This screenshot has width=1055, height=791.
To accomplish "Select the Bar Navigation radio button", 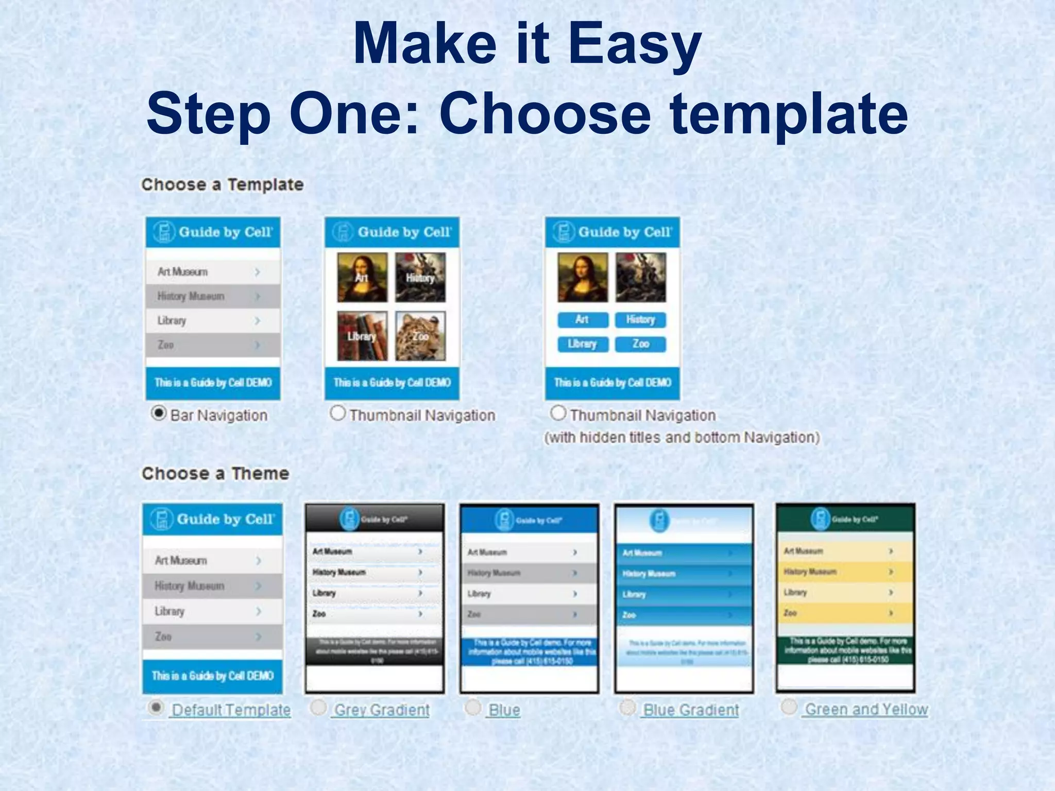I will [159, 413].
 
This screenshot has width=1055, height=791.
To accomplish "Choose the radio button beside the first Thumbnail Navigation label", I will [337, 413].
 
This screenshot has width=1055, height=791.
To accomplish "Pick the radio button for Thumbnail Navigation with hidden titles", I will [558, 413].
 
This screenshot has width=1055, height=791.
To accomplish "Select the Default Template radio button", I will [156, 708].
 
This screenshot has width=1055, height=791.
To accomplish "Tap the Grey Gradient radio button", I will [318, 708].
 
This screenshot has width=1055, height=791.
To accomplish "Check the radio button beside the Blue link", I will [473, 708].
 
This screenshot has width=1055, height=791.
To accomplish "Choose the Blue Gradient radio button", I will [627, 708].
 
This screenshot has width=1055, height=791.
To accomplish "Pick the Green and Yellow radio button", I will [789, 707].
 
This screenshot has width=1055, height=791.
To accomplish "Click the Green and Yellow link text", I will [866, 710].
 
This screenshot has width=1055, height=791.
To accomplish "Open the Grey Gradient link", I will [382, 710].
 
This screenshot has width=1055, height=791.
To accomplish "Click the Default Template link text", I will [231, 710].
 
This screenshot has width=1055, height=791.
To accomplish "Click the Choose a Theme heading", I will [215, 474].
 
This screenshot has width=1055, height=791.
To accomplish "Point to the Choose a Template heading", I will [223, 184].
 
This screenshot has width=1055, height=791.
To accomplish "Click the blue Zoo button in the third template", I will [640, 344].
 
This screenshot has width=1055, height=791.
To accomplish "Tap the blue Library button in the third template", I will [583, 344].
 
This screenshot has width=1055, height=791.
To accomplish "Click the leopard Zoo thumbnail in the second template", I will [420, 336].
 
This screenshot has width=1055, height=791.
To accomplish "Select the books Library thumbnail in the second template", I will [362, 336].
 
